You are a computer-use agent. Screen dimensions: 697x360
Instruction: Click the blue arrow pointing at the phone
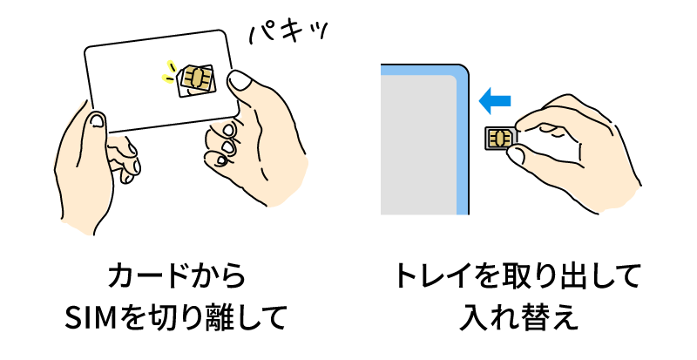tap(494, 101)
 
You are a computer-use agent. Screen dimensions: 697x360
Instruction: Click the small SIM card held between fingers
tap(500, 139)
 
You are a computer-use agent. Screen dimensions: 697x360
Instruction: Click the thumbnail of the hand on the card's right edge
tap(239, 80)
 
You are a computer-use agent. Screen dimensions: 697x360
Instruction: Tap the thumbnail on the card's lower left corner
tap(97, 120)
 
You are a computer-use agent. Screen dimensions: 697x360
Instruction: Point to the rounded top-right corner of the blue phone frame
tap(464, 70)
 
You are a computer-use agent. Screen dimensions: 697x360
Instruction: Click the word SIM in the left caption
tap(91, 317)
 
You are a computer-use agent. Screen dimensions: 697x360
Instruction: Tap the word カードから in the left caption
tap(177, 276)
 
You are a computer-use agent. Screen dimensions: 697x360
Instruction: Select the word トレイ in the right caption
tap(432, 276)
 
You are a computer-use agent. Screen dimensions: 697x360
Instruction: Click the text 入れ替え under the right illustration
tap(518, 317)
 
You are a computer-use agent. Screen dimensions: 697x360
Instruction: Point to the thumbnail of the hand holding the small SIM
tap(517, 154)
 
